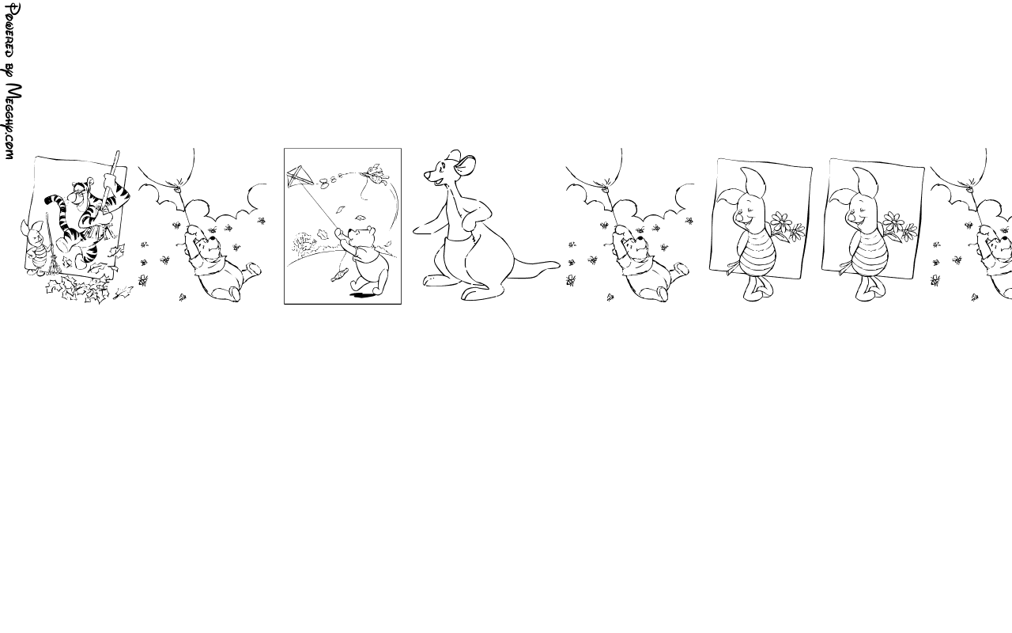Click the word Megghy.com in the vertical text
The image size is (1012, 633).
pos(13,121)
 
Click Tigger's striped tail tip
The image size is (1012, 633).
pos(48,199)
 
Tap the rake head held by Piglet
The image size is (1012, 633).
pos(52,267)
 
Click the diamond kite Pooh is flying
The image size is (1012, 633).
pos(300,176)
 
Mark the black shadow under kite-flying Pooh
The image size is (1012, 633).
pos(364,295)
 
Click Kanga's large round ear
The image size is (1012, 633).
pos(466,165)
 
